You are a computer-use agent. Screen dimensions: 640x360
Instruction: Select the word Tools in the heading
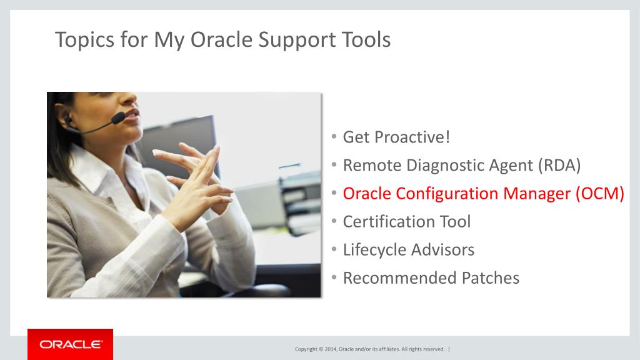pos(366,39)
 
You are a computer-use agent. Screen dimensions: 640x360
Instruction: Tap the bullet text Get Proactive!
pos(396,137)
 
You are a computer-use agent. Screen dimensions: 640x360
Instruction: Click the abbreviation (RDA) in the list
pos(559,165)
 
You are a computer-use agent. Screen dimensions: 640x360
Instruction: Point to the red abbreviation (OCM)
pos(600,194)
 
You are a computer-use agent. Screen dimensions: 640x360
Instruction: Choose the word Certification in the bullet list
pos(388,222)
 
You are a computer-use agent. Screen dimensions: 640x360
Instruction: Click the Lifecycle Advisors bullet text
pos(409,250)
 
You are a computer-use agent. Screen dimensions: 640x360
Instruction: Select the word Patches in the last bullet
pos(491,278)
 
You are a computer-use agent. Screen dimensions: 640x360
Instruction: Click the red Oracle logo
pos(70,344)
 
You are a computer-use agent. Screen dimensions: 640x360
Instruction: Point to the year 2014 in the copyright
pos(331,349)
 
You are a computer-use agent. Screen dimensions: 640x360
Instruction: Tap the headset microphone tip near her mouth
pos(118,118)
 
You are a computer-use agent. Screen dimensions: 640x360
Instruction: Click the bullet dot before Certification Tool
pos(334,221)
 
